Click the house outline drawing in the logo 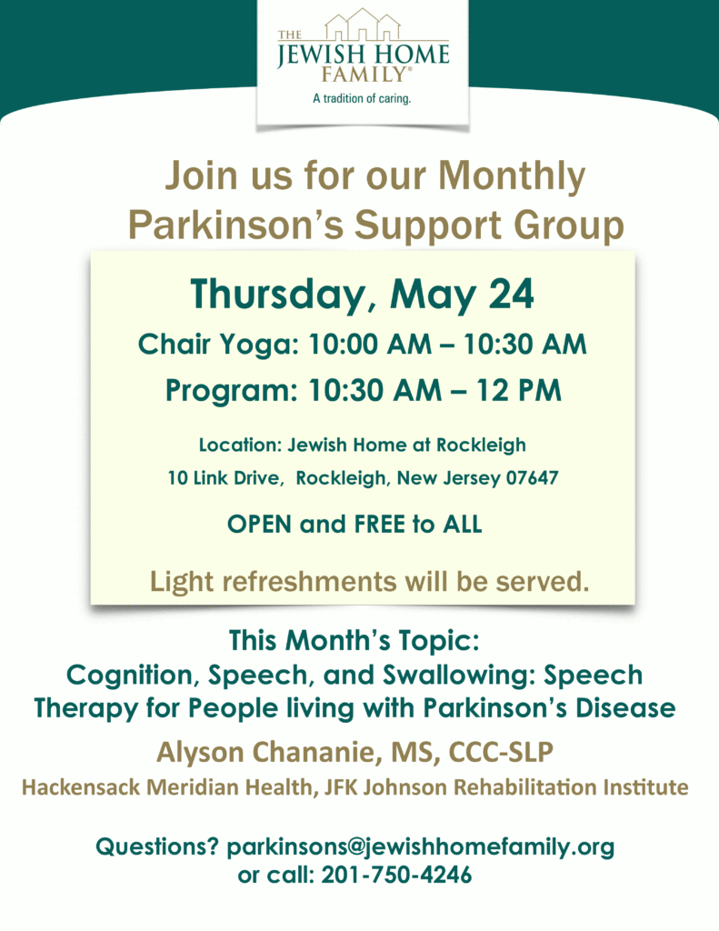pyautogui.click(x=363, y=25)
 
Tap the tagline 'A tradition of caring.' pyautogui.click(x=362, y=98)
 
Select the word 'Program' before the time pyautogui.click(x=230, y=392)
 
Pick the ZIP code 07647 pyautogui.click(x=532, y=478)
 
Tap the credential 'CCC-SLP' pyautogui.click(x=500, y=752)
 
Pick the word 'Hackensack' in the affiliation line pyautogui.click(x=81, y=787)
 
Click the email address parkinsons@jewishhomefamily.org pyautogui.click(x=420, y=846)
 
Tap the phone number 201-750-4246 pyautogui.click(x=396, y=875)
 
